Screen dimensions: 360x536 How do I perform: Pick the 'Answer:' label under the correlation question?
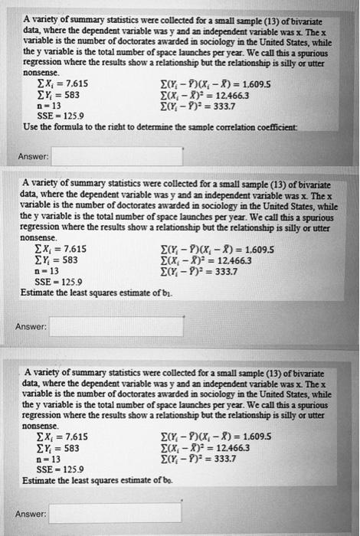[x=33, y=157]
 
